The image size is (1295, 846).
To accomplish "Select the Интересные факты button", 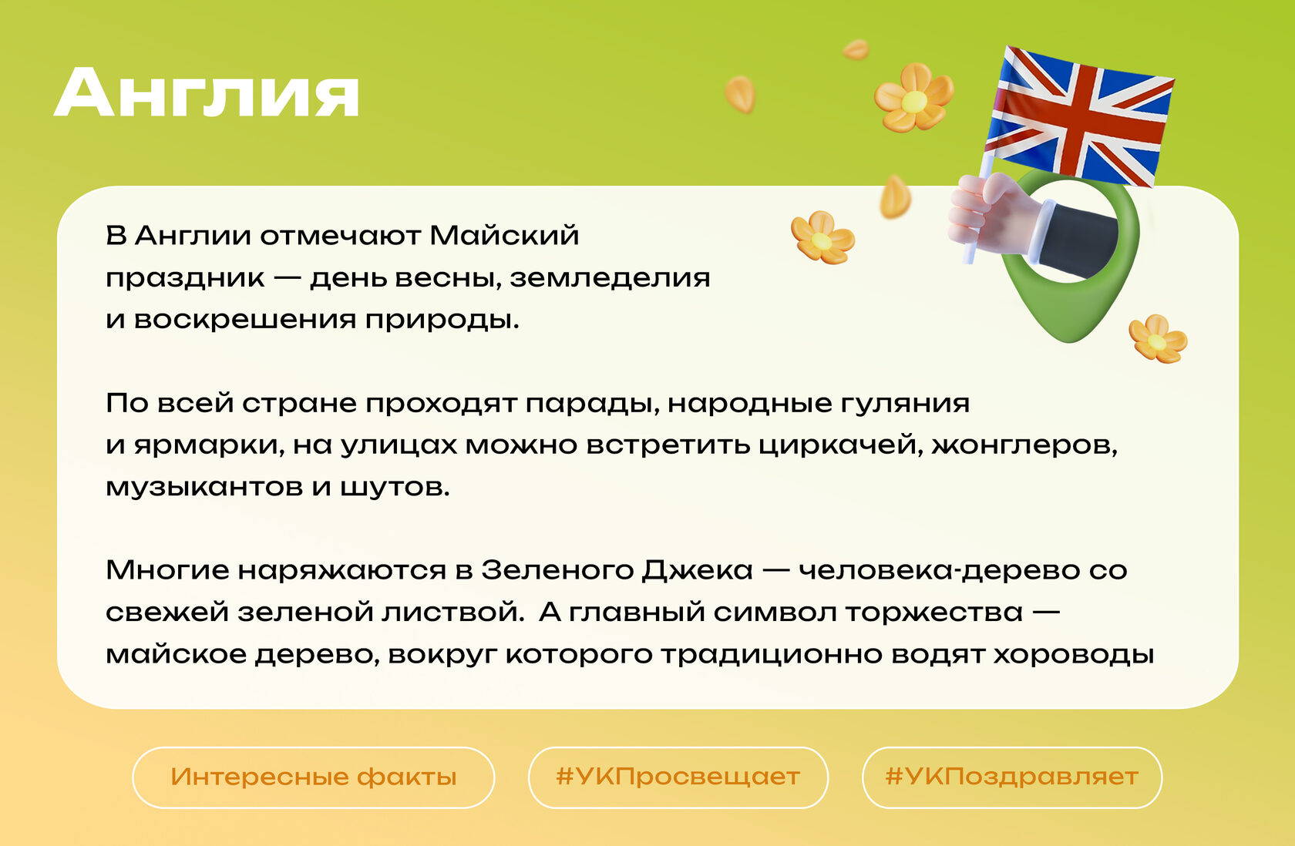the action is point(313,777).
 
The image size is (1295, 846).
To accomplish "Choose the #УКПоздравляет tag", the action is point(1011,777).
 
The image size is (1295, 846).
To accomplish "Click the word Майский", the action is point(503,236).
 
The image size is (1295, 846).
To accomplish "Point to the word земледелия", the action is point(610,279).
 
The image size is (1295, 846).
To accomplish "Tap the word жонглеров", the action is point(1024,445).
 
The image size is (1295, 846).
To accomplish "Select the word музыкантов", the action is point(204,487).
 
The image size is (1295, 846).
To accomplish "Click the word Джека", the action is point(697,571).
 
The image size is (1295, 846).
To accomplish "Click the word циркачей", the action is point(840,445).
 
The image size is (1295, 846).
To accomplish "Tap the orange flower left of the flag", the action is point(913,99).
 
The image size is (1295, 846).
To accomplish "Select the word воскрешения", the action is point(244,321).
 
